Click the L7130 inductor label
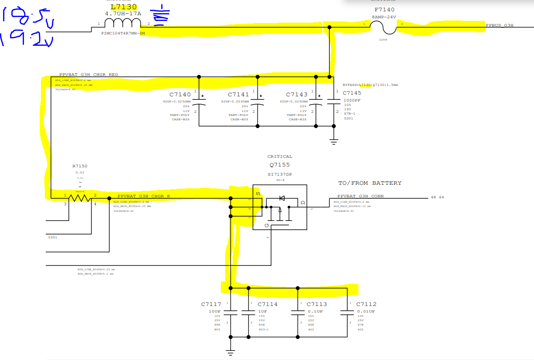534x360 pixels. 124,7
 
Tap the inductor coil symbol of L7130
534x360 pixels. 124,23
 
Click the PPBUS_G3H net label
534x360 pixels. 500,25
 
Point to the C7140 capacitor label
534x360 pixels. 180,95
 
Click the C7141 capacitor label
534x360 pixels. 238,95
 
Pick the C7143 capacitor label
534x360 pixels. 297,95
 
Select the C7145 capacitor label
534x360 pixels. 352,93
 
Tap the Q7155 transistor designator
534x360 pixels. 280,165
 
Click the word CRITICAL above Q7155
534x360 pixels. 280,156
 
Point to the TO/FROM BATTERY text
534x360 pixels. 370,183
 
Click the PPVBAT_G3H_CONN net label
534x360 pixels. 360,196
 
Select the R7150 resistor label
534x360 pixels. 80,166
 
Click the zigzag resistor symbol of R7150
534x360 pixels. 80,198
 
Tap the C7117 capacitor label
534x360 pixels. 211,304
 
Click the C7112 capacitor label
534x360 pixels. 366,304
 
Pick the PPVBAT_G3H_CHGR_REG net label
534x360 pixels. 88,75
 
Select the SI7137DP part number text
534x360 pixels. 280,174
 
